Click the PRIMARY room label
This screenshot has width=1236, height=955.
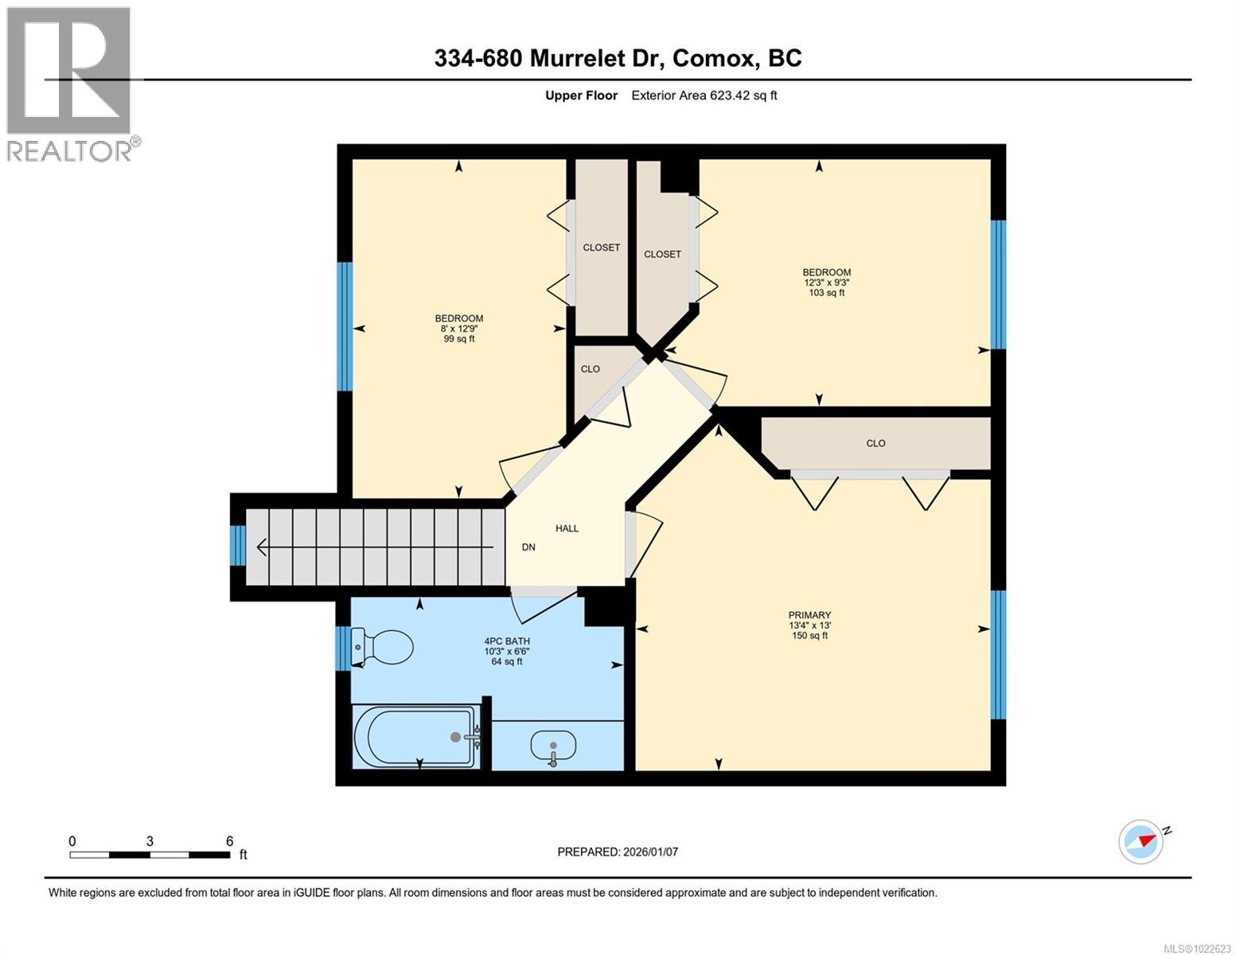809,614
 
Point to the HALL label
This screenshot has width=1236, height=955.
567,528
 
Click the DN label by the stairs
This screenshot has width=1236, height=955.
528,548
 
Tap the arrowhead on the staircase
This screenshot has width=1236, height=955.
261,548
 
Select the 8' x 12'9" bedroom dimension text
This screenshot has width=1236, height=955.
458,329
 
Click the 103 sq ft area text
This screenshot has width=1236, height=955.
827,293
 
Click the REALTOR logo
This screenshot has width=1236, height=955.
69,84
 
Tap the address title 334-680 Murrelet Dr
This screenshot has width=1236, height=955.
618,58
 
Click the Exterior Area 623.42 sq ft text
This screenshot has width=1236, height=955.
704,95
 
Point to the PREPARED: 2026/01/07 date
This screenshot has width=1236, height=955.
618,852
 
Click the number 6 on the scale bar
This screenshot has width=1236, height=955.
229,841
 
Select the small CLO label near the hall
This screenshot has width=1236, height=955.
590,369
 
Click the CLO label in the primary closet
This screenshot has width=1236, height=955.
875,443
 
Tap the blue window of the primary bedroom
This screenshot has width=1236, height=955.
998,654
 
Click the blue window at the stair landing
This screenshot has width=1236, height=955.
237,545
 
